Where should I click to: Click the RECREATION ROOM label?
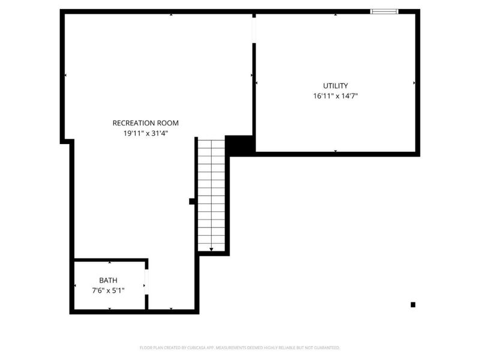[145, 123]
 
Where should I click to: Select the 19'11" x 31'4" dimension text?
[145, 133]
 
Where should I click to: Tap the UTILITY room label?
[335, 86]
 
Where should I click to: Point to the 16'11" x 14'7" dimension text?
[335, 96]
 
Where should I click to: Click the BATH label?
[109, 280]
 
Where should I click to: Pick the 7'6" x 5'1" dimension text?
[109, 290]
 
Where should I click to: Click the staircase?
[211, 195]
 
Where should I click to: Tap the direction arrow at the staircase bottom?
[211, 248]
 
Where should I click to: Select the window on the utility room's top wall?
[384, 11]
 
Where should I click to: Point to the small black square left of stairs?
[192, 202]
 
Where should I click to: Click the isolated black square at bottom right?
[413, 305]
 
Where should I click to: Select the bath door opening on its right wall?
[146, 282]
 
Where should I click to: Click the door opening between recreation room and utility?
[254, 30]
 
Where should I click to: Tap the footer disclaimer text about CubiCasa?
[240, 347]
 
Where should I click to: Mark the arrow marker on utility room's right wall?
[414, 83]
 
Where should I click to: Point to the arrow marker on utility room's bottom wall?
[335, 151]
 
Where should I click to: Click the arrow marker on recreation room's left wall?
[65, 75]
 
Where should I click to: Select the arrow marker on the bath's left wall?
[74, 286]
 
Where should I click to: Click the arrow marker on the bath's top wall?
[109, 263]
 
